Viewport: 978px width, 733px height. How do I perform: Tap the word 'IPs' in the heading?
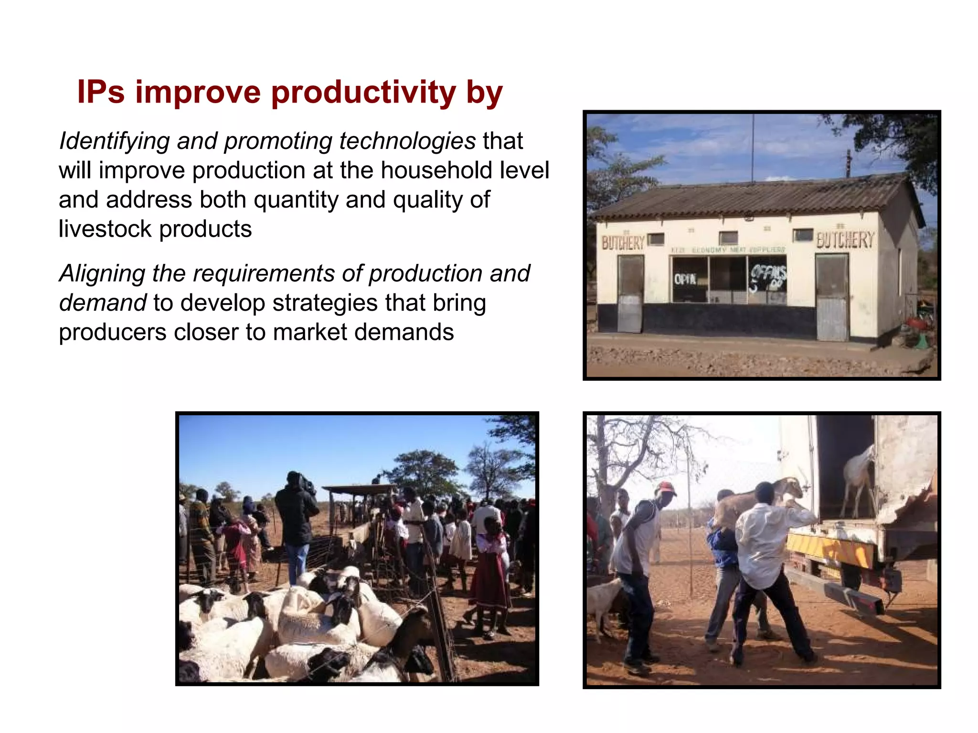coord(101,92)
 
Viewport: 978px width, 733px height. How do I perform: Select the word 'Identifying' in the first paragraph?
coord(114,141)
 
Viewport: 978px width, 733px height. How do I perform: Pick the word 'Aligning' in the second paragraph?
coord(102,273)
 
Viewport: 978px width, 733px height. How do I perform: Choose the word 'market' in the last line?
coord(309,332)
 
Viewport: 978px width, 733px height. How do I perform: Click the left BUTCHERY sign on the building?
coord(623,243)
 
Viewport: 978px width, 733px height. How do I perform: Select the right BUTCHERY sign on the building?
coord(845,240)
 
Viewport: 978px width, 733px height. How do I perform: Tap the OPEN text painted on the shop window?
coord(685,279)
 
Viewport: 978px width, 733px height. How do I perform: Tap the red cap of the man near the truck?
coord(666,488)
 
